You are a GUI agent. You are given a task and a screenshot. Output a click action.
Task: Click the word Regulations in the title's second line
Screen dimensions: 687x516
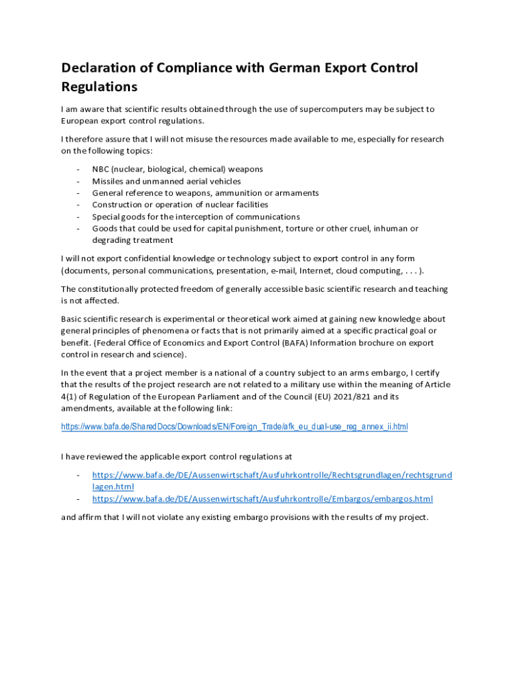pos(99,87)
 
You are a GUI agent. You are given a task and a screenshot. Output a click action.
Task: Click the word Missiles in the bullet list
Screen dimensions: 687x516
pos(109,181)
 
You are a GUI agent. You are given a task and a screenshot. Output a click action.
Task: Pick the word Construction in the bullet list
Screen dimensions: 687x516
pos(117,205)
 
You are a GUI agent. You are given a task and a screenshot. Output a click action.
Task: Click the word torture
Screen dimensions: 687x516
pos(302,229)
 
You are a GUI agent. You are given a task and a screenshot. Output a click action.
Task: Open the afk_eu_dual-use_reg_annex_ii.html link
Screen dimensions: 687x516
pos(235,427)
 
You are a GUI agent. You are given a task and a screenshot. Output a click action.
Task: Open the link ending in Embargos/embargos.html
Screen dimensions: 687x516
pos(263,499)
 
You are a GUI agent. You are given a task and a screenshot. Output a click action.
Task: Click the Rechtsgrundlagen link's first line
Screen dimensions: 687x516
pos(272,476)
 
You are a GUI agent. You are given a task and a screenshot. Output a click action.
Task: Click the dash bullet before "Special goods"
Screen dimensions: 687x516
pos(78,217)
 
